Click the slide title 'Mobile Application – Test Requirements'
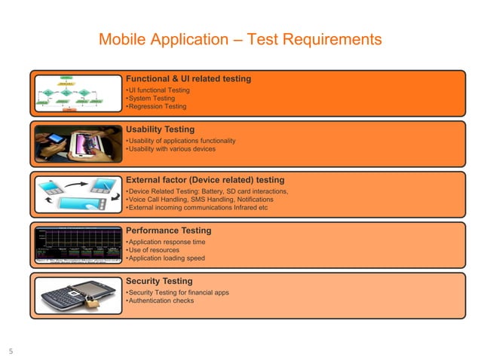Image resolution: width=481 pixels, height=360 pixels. (240, 39)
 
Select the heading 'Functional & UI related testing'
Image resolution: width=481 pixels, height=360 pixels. (188, 78)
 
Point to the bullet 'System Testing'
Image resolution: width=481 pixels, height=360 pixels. (151, 99)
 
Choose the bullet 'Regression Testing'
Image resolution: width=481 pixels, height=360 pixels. (157, 107)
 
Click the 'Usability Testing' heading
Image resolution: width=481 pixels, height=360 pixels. (160, 130)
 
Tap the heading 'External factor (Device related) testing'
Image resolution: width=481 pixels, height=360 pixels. (205, 180)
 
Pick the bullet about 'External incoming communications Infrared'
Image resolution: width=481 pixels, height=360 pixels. (198, 208)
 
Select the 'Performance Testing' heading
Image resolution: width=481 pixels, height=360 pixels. (168, 230)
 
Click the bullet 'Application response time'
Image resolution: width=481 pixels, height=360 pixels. (165, 243)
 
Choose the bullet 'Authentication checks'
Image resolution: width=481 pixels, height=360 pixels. (160, 301)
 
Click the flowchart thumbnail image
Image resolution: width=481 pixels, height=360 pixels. (77, 93)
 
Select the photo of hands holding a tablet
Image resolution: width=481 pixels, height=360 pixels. (77, 143)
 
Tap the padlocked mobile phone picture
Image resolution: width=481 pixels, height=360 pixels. (77, 295)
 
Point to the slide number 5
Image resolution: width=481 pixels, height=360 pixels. (11, 350)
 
